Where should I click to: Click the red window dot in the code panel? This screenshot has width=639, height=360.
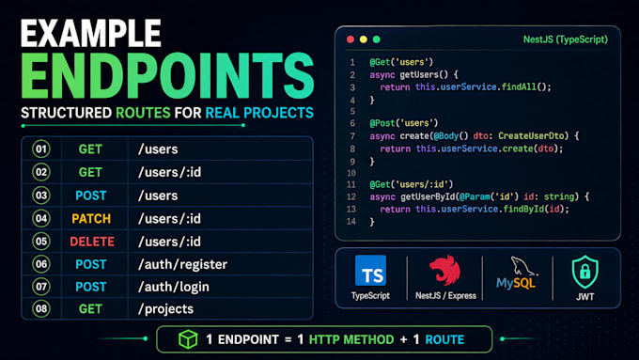[351, 39]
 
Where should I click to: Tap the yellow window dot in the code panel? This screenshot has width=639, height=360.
[364, 39]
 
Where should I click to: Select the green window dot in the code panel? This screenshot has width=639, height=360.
[377, 39]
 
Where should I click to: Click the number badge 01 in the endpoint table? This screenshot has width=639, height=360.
[41, 149]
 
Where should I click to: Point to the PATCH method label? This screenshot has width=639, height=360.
[91, 218]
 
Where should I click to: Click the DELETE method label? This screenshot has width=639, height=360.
[92, 242]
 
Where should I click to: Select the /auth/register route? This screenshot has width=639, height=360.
[182, 264]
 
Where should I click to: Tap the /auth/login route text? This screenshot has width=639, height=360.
[174, 287]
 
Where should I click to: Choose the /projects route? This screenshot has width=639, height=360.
[166, 308]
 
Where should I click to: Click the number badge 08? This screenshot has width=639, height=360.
[41, 308]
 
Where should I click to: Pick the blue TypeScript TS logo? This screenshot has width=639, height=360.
[370, 271]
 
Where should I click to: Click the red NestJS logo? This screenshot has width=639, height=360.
[445, 270]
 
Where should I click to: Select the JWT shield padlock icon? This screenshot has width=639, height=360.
[585, 272]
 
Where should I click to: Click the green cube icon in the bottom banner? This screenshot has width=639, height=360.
[188, 338]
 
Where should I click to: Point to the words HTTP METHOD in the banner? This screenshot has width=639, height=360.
[351, 339]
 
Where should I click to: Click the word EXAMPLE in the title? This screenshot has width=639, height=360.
[91, 34]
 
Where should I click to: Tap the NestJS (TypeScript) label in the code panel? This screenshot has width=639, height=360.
[566, 39]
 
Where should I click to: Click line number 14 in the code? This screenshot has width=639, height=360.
[351, 222]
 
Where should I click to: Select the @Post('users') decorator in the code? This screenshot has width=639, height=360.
[403, 123]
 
